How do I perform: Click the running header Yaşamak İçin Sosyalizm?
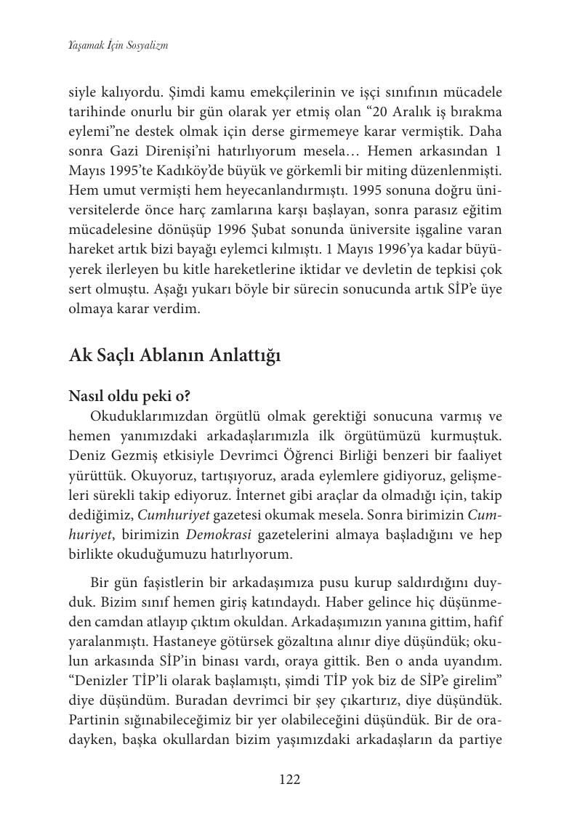pyautogui.click(x=118, y=45)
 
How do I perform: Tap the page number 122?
pyautogui.click(x=290, y=780)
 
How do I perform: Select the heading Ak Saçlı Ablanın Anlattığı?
pyautogui.click(x=174, y=356)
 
